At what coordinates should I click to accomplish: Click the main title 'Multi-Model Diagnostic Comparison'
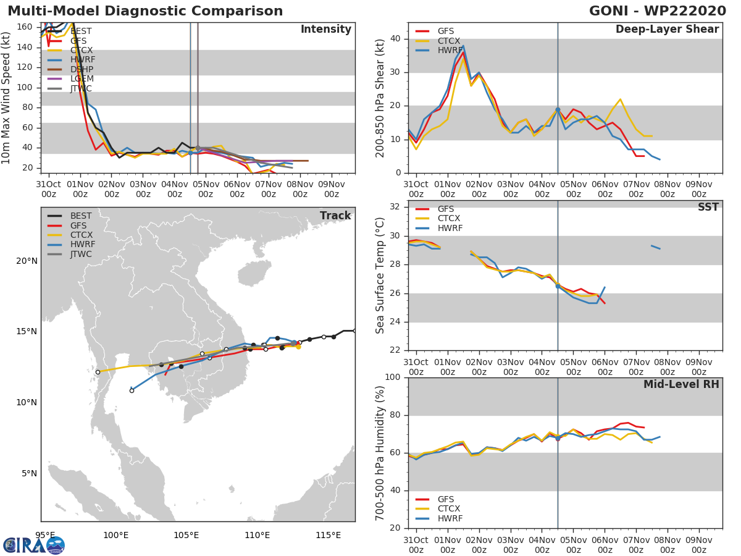coord(145,11)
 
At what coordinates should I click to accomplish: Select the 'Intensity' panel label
coord(325,30)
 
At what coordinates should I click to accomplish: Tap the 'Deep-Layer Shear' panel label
coord(667,30)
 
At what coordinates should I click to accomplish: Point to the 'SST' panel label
coord(708,207)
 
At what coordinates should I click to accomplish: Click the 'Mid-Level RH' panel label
coord(681,384)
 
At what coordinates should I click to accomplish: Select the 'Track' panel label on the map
coord(335,216)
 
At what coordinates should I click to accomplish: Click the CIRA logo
coord(34,545)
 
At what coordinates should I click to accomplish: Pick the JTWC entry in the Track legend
coord(81,254)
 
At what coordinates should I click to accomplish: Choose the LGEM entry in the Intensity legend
coord(82,78)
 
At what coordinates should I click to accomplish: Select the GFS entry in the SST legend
coord(445,209)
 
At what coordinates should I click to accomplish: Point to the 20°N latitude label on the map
coord(27,261)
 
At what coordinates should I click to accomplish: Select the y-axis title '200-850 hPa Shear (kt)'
coord(380,98)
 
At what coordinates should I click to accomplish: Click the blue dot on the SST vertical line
coord(558,286)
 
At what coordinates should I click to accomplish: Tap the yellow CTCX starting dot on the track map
coord(298,347)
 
